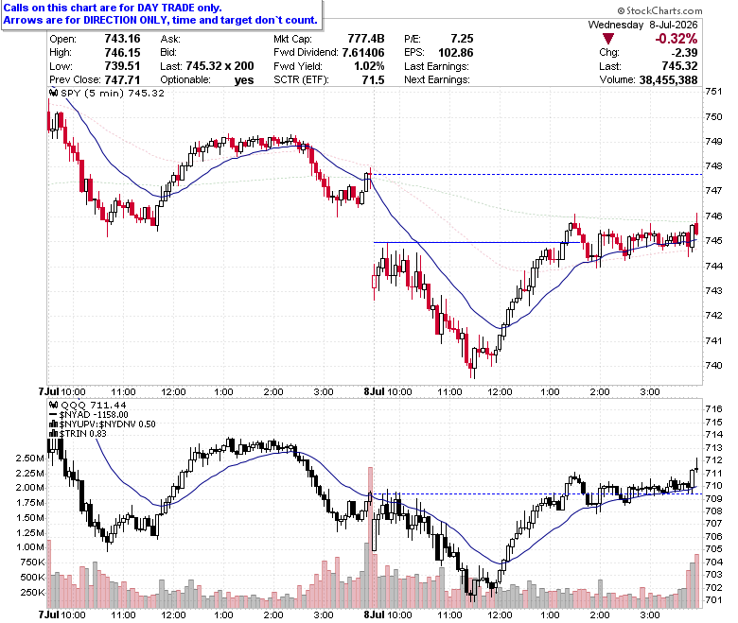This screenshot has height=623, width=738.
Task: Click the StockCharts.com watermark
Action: point(659,10)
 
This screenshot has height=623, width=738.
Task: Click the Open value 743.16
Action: point(122,39)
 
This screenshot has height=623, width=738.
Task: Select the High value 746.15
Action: point(122,52)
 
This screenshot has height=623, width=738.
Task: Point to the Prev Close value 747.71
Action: point(122,79)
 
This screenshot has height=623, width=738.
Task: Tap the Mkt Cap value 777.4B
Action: point(366,39)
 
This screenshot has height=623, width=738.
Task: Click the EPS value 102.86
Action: point(456,52)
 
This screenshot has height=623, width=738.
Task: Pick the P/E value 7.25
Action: point(462,39)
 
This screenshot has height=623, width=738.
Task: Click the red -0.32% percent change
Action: point(676,39)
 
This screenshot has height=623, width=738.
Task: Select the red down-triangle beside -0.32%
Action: point(607,39)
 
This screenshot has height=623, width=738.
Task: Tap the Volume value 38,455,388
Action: point(668,80)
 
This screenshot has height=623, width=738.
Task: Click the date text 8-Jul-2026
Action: point(674,25)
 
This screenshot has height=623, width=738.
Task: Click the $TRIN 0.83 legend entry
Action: point(82,434)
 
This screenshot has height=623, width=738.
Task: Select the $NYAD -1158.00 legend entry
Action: point(94,415)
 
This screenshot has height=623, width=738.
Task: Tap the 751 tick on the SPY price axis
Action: point(713,91)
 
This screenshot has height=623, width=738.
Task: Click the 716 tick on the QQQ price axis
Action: point(713,409)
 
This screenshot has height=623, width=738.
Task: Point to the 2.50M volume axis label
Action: point(30,459)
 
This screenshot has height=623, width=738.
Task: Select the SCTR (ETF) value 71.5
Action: point(373,80)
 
